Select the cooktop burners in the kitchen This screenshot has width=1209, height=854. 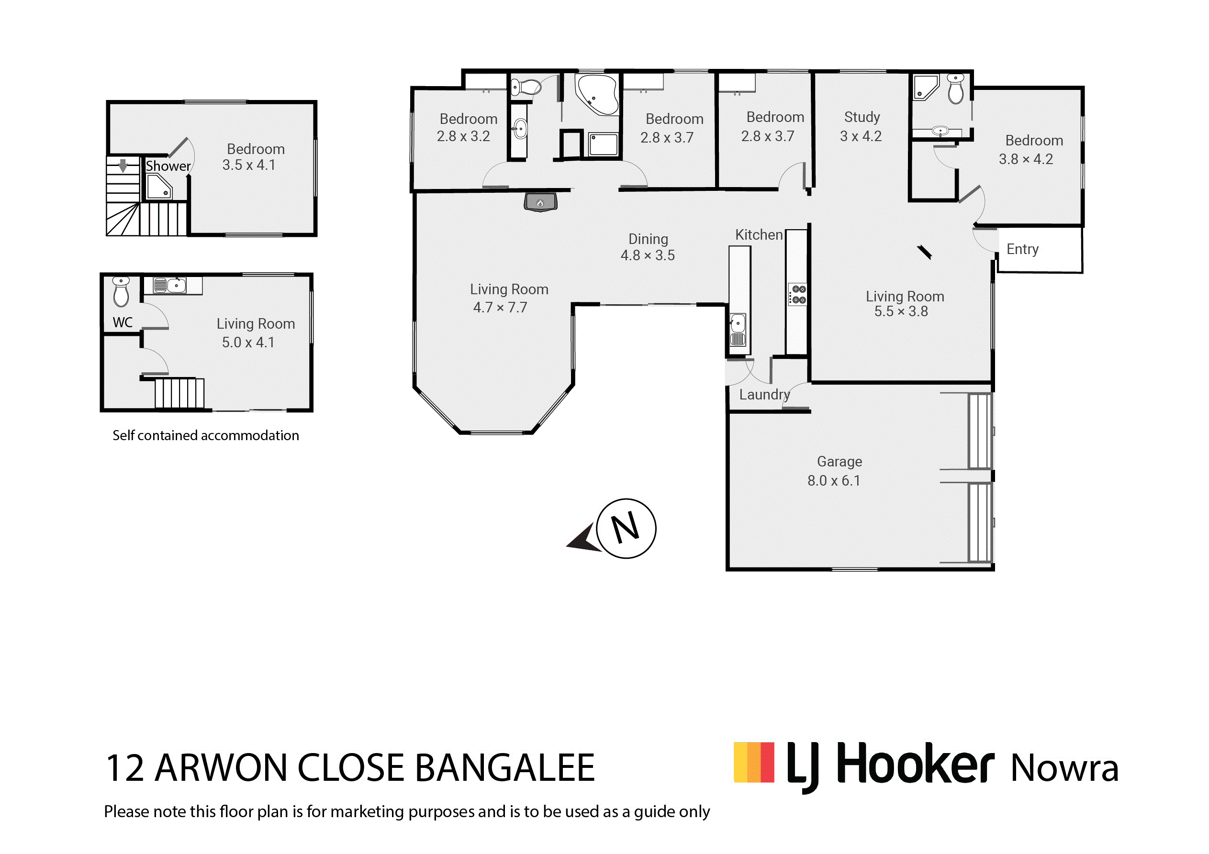pyautogui.click(x=798, y=295)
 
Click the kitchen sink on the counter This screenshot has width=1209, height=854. pyautogui.click(x=738, y=330)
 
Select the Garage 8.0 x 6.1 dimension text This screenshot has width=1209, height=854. pyautogui.click(x=834, y=481)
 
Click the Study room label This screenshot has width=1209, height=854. pyautogui.click(x=862, y=117)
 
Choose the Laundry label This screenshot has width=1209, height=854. pyautogui.click(x=764, y=395)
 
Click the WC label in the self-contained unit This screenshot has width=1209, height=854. pyautogui.click(x=123, y=323)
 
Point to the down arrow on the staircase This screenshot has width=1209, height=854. pyautogui.click(x=123, y=166)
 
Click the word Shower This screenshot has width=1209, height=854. pyautogui.click(x=168, y=166)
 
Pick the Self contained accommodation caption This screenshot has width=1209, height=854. pyautogui.click(x=206, y=435)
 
